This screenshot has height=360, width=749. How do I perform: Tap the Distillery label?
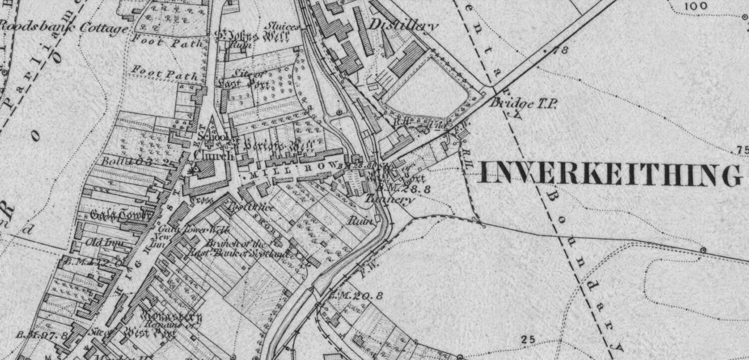pyautogui.click(x=404, y=24)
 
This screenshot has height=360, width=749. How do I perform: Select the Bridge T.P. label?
pyautogui.click(x=523, y=103)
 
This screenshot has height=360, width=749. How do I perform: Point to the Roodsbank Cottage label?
pyautogui.click(x=63, y=28)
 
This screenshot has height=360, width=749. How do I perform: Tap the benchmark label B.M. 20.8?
pyautogui.click(x=356, y=296)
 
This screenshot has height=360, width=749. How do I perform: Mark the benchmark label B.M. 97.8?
pyautogui.click(x=42, y=335)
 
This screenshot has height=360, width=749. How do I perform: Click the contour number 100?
pyautogui.click(x=696, y=6)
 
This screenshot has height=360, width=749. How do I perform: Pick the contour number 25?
pyautogui.click(x=527, y=340)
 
